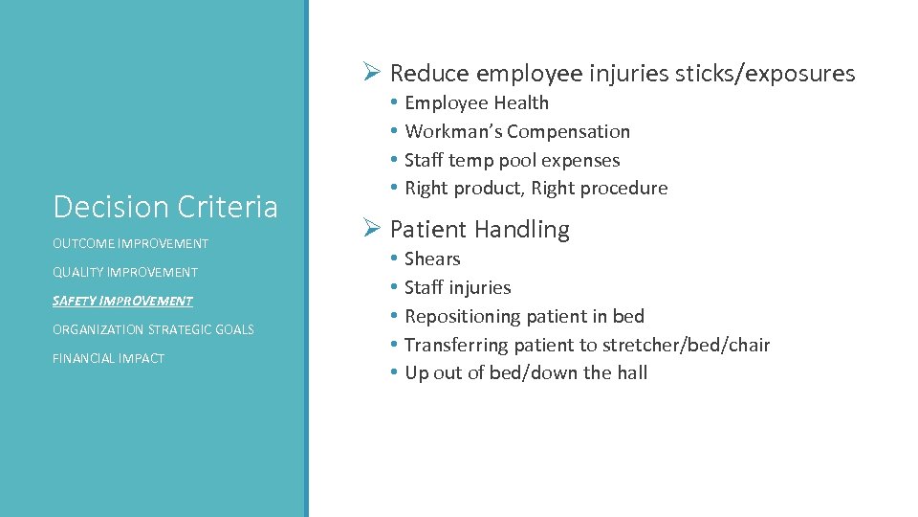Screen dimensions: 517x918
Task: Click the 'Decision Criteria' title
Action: [165, 206]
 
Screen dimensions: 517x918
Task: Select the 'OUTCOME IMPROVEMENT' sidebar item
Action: [130, 243]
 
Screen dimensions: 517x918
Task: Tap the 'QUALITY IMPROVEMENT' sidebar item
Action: [125, 272]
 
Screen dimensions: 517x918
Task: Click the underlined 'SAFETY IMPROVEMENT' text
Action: [122, 301]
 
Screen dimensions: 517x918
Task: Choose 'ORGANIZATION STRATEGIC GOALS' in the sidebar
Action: [153, 329]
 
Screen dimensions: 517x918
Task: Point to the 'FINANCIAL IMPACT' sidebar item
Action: [108, 358]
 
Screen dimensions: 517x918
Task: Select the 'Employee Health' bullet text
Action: [476, 102]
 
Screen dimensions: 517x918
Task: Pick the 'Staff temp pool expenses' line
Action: [512, 160]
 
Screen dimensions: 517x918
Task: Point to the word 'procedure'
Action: [625, 188]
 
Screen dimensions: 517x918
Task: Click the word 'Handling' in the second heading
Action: [525, 230]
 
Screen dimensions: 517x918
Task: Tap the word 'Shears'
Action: [432, 258]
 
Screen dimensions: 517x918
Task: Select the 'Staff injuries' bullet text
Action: [457, 287]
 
